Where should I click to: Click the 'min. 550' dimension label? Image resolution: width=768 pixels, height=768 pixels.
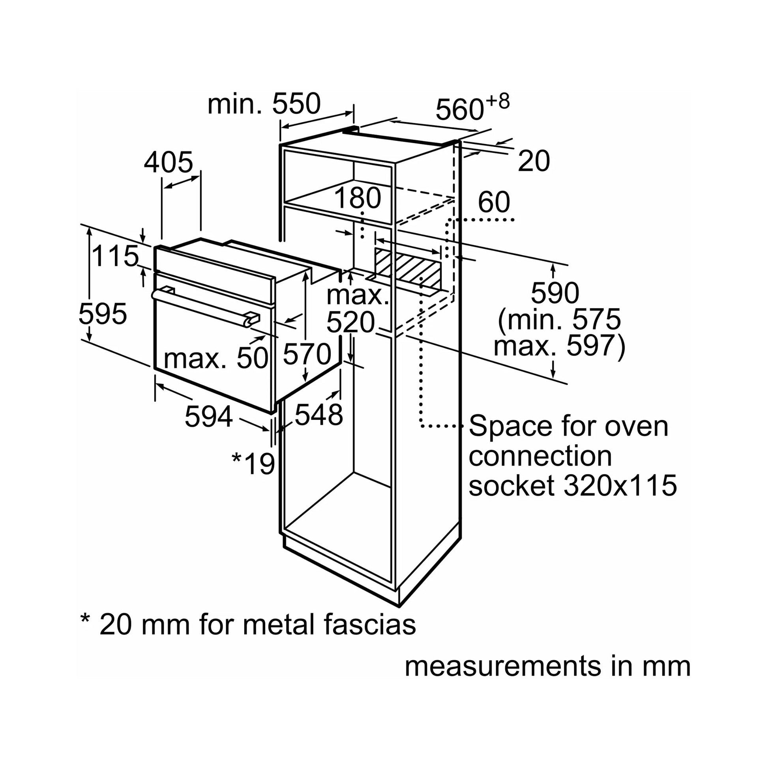(264, 104)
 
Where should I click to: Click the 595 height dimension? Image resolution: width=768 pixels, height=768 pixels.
(103, 314)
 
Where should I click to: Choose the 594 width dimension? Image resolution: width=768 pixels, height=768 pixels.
(209, 417)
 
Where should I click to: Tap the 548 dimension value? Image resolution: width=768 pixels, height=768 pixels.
(318, 415)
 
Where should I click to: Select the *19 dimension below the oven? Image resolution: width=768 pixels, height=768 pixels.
(253, 463)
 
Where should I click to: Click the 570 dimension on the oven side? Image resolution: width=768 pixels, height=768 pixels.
(307, 354)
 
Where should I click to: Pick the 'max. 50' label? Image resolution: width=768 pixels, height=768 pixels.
(216, 358)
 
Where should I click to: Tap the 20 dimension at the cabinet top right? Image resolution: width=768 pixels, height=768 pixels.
(534, 161)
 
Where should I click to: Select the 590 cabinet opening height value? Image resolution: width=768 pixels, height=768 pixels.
(555, 293)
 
